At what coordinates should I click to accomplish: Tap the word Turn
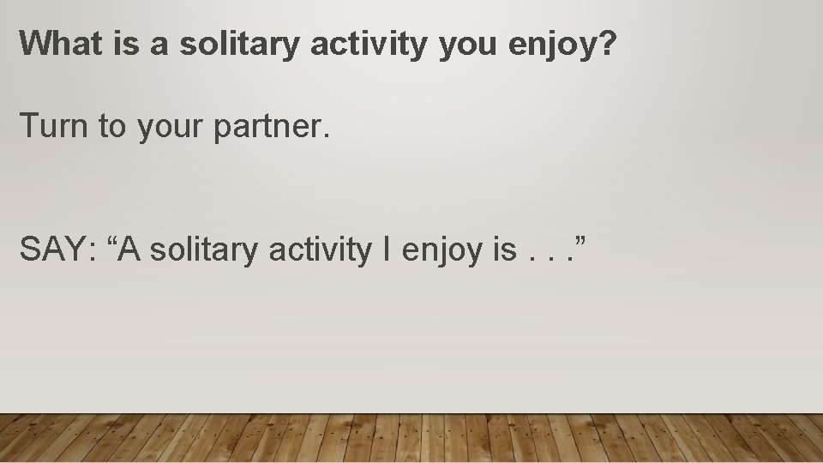[54, 126]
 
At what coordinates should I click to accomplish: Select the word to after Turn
[111, 127]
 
